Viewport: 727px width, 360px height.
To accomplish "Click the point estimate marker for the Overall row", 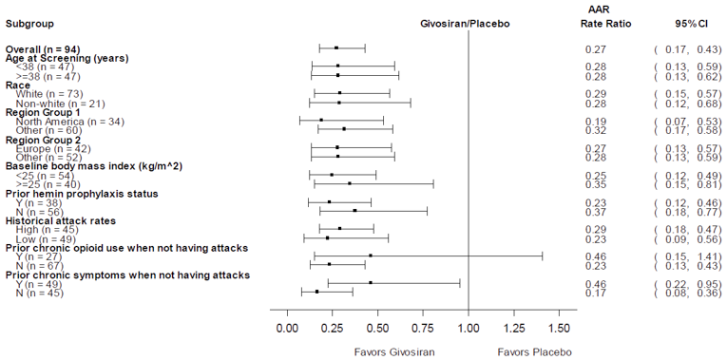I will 335,47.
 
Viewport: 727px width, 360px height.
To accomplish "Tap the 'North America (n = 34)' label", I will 62,121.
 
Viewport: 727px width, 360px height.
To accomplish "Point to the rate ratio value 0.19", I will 595,121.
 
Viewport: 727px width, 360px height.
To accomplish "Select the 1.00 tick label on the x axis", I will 469,328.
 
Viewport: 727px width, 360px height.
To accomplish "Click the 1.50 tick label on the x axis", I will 559,328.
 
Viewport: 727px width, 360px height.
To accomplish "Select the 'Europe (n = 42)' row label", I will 52,148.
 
